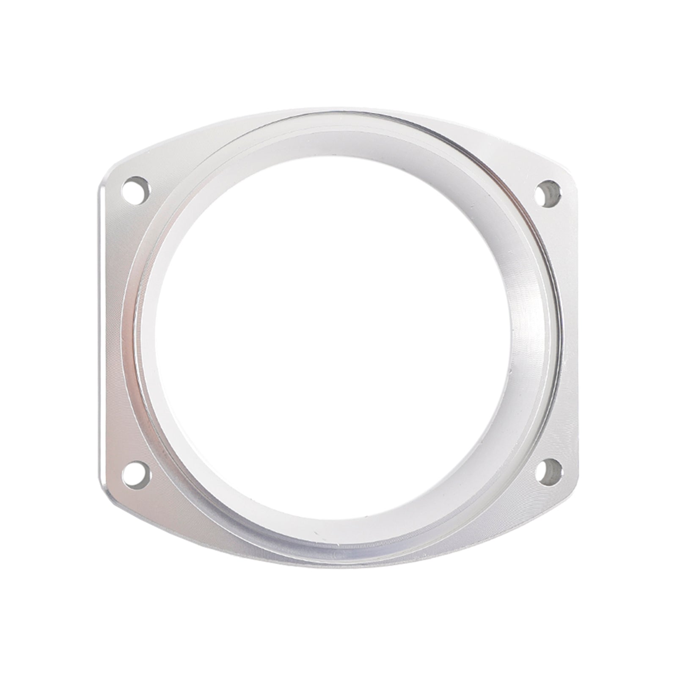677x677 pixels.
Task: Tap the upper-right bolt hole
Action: (548, 194)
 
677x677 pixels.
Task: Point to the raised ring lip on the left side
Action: (127, 330)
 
